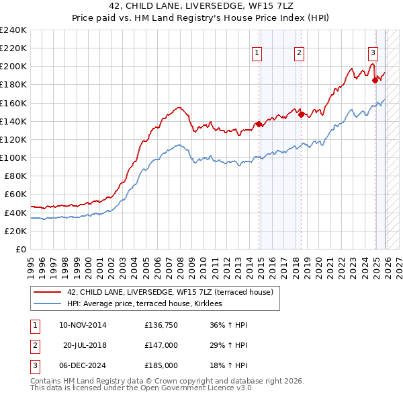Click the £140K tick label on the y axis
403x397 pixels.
[x=13, y=121]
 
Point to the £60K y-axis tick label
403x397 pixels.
[x=15, y=194]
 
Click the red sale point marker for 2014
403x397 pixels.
[x=259, y=124]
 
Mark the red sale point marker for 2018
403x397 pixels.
[x=302, y=114]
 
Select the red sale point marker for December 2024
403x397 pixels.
[x=375, y=80]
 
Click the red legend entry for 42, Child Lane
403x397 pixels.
[x=170, y=292]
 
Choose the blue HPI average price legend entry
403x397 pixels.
[x=149, y=304]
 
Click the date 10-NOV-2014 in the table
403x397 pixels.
[x=83, y=325]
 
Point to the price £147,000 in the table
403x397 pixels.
[x=161, y=345]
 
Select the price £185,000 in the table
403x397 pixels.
[x=161, y=365]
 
